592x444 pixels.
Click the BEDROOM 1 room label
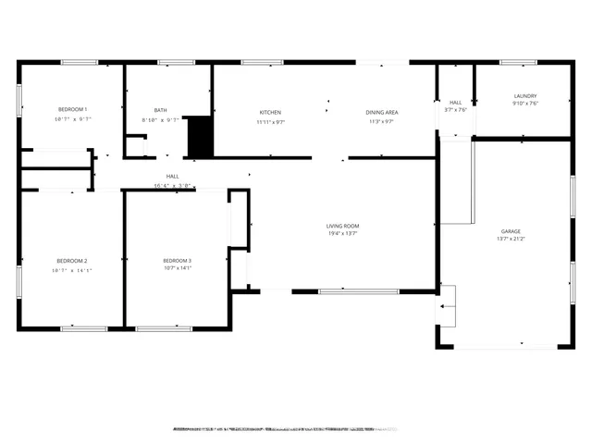(x=71, y=109)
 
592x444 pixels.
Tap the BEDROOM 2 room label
(x=71, y=261)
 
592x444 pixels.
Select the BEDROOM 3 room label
(x=177, y=261)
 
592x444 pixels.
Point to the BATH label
(x=161, y=109)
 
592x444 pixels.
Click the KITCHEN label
(x=270, y=112)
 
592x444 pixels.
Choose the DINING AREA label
(x=383, y=112)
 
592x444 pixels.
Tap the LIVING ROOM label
(x=342, y=226)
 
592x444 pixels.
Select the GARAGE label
(x=511, y=231)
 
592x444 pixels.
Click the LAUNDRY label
(x=525, y=95)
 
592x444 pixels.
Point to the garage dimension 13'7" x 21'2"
(x=511, y=240)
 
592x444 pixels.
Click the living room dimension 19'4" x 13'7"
(x=342, y=234)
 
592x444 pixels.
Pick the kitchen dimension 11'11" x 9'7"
(x=270, y=121)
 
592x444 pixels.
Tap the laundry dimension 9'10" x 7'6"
(x=525, y=104)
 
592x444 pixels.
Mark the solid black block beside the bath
(x=200, y=137)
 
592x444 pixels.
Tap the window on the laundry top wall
(x=517, y=62)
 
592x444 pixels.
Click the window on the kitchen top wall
(x=262, y=62)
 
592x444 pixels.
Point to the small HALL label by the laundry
(x=455, y=103)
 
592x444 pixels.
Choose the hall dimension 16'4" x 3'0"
(x=173, y=185)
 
